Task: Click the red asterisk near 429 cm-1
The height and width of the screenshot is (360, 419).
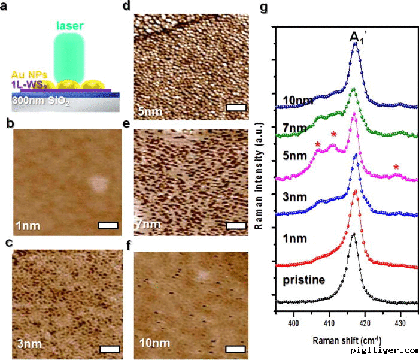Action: tap(396, 166)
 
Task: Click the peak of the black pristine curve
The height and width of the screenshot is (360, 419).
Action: tap(353, 234)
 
